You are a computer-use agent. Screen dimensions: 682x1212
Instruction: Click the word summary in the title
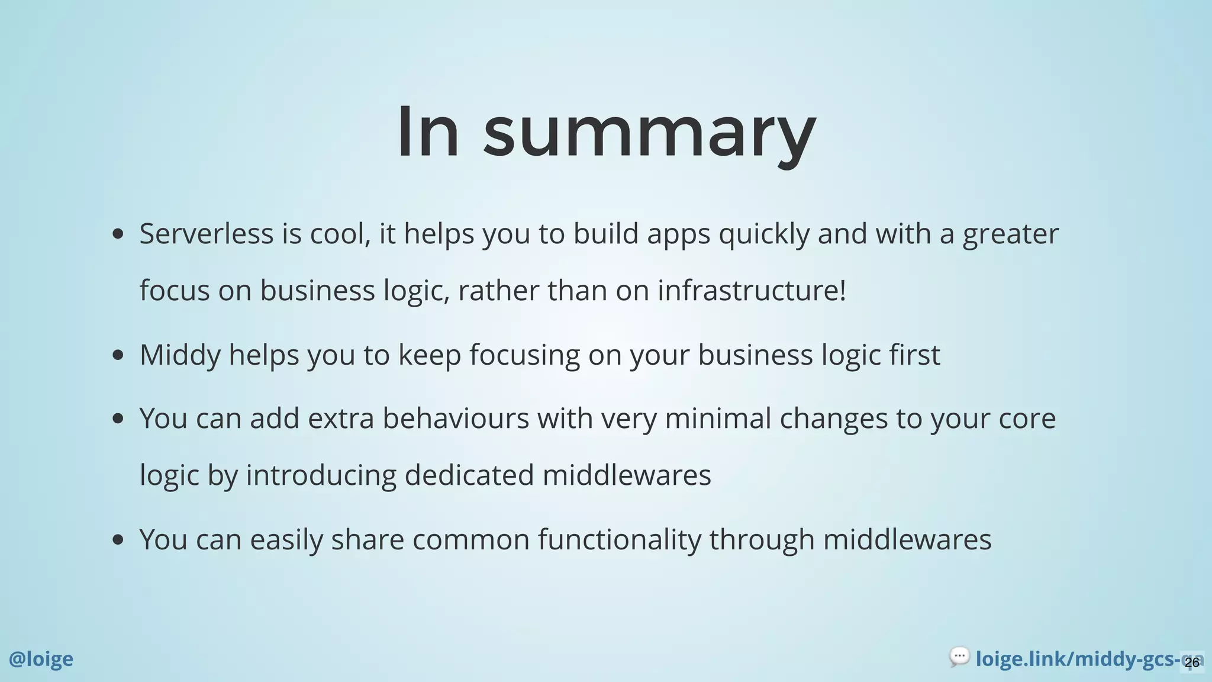click(649, 133)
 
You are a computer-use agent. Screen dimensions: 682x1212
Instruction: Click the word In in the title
click(428, 131)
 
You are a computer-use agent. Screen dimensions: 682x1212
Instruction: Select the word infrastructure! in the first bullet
click(752, 290)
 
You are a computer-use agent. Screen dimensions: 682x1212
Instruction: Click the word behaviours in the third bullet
click(456, 418)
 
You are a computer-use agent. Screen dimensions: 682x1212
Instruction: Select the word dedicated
click(469, 475)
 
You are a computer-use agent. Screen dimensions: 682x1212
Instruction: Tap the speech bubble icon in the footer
click(959, 657)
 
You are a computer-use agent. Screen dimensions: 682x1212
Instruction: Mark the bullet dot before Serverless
click(118, 234)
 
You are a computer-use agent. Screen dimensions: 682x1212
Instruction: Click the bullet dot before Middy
click(118, 355)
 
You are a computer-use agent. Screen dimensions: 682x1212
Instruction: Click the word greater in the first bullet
click(1010, 234)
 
